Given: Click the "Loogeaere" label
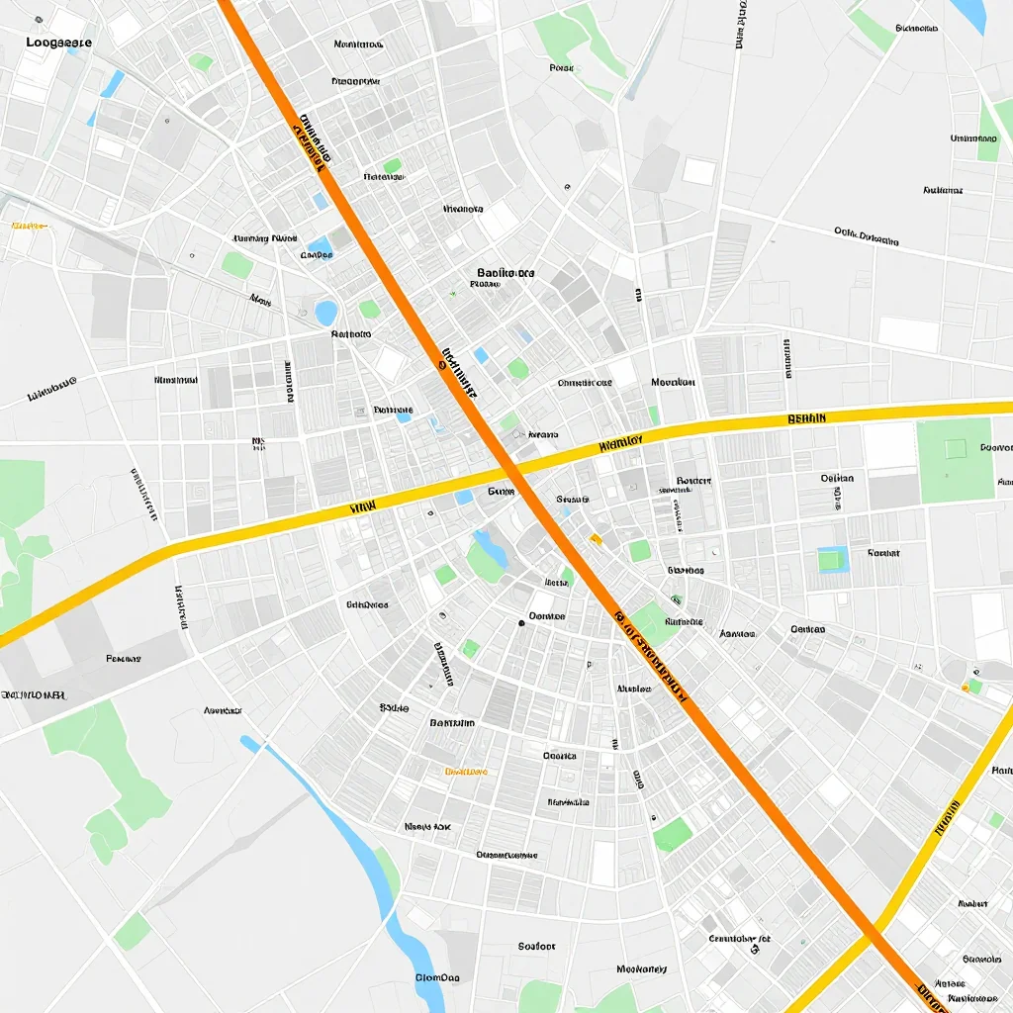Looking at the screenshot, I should pos(59,43).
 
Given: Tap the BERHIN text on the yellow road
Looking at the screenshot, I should pos(805,418).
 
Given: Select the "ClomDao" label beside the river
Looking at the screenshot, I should pos(437,977).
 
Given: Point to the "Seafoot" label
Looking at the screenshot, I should pos(537,946).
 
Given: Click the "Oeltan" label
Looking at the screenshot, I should pos(837,478).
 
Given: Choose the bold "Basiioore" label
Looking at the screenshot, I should pos(506,272).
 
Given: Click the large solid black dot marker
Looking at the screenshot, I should pos(521,623).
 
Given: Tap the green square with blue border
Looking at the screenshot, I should pos(832,560).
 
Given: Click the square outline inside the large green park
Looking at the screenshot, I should pos(954,449).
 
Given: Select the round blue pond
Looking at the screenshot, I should pos(325,313).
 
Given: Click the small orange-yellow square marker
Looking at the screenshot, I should pos(596,538).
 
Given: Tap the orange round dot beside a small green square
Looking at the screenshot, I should pos(965,687).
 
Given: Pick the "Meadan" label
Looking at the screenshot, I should pos(673,382).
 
